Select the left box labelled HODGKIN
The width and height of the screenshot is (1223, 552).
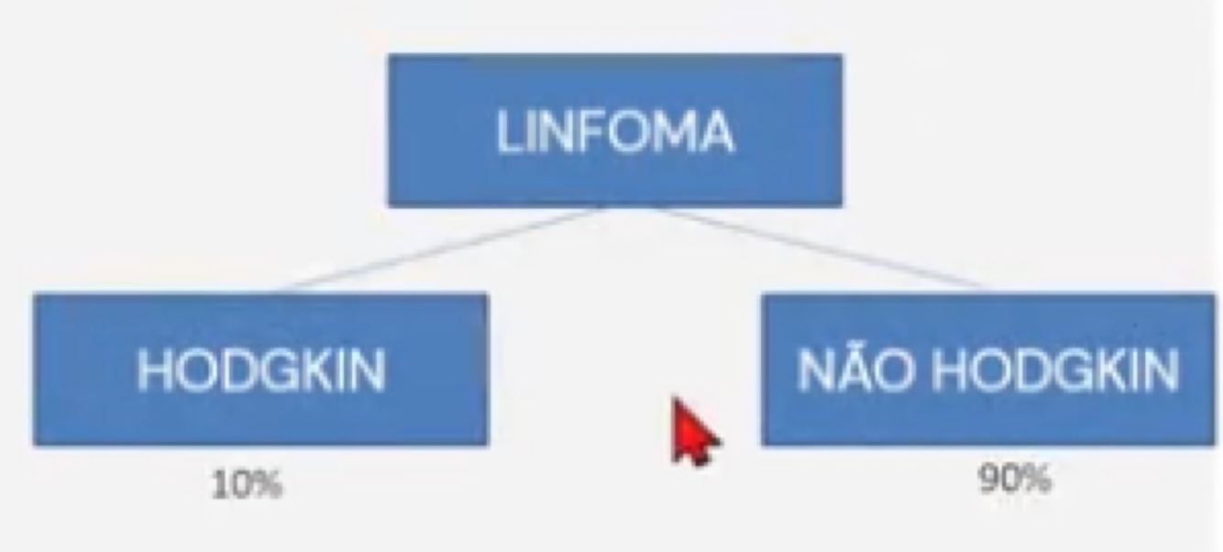[x=260, y=370]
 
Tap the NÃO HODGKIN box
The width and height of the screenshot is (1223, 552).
[x=988, y=370]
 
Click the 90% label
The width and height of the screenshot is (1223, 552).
[x=1014, y=479]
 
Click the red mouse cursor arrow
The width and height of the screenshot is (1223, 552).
[x=693, y=432]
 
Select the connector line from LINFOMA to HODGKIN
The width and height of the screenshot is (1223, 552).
[x=440, y=249]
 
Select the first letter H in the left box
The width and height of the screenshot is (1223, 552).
[x=152, y=370]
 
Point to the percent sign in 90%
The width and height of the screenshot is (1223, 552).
[x=1037, y=479]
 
